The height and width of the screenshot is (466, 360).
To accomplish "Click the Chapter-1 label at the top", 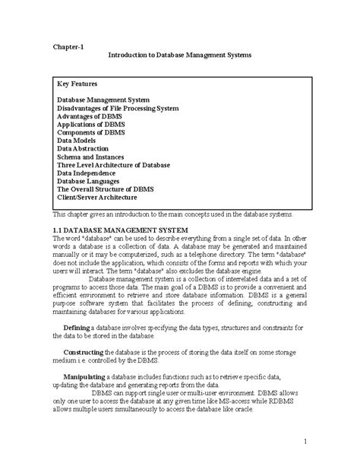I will [68, 46].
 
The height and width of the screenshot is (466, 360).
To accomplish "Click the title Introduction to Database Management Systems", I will [179, 56].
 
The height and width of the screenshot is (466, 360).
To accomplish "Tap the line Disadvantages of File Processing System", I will [118, 109].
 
